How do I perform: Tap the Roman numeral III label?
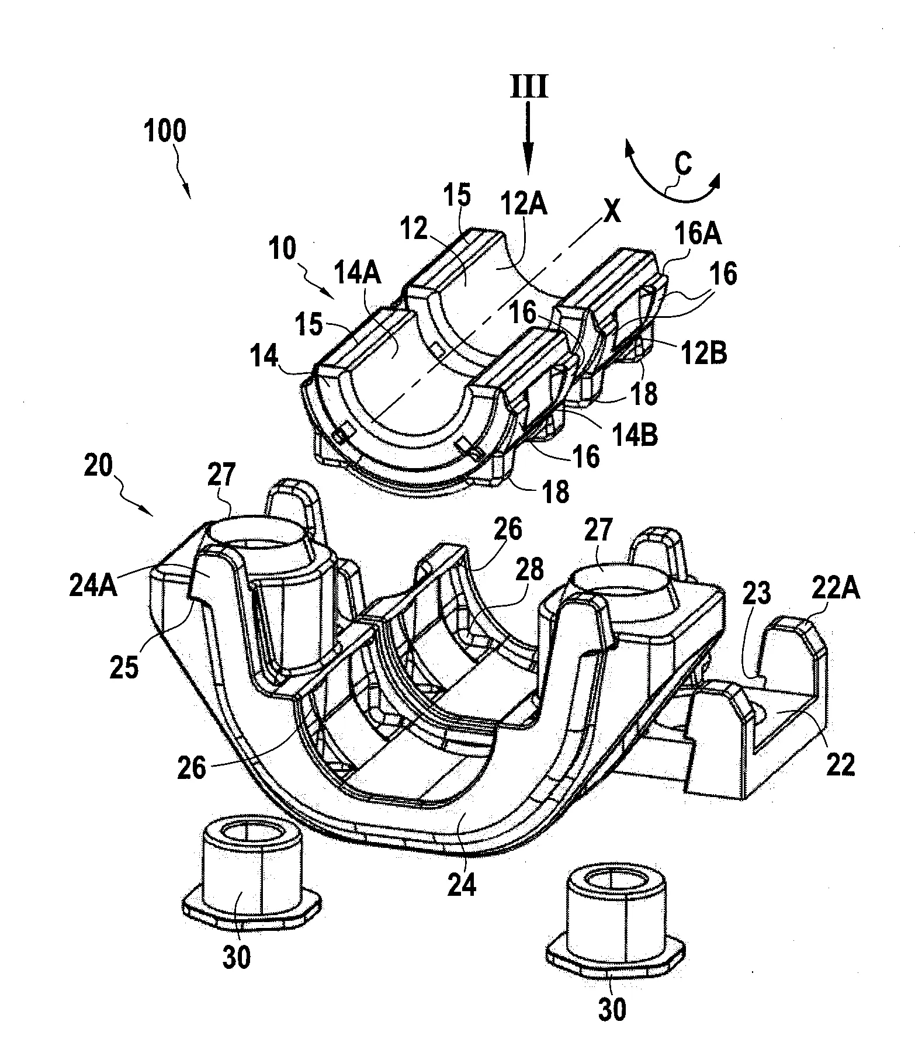(x=530, y=88)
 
